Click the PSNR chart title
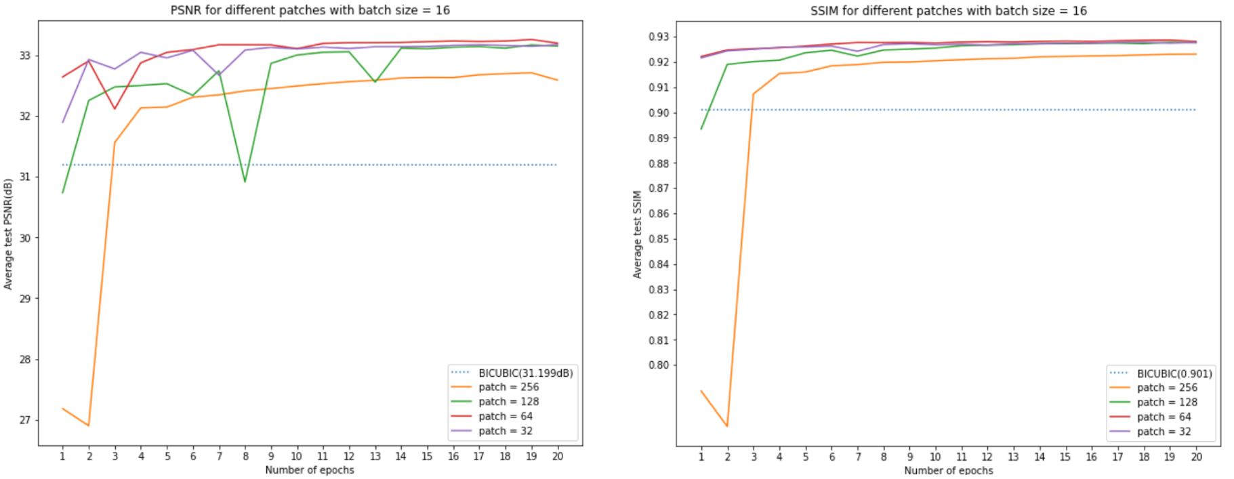click(x=310, y=10)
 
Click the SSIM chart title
click(x=948, y=11)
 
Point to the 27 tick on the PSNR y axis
click(x=25, y=420)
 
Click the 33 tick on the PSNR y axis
click(x=25, y=56)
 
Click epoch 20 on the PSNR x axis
click(x=557, y=456)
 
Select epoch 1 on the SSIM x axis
click(x=701, y=457)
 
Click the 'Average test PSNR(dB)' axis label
click(x=8, y=234)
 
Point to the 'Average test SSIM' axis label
click(x=637, y=234)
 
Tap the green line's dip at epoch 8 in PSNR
click(x=245, y=181)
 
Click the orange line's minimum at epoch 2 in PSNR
click(x=89, y=425)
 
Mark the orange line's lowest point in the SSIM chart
click(x=727, y=426)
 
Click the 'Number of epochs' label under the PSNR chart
click(x=310, y=470)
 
